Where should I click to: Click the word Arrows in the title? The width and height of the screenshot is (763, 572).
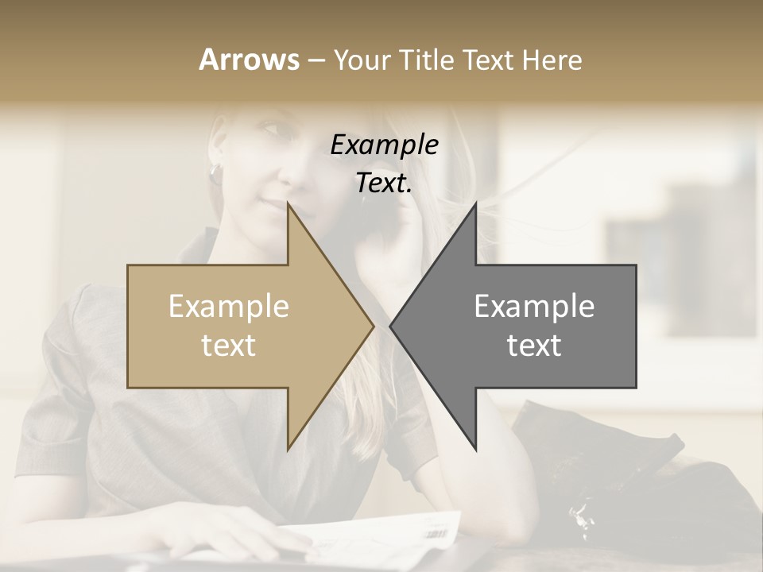coord(249,60)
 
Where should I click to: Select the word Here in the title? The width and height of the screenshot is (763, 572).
coord(552,60)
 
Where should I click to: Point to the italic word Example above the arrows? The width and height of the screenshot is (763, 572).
coord(384,145)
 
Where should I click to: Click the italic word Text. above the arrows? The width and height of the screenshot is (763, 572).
coord(384,184)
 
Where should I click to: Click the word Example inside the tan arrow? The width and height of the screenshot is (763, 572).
coord(229,306)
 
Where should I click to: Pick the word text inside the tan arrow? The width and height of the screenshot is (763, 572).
coord(229,346)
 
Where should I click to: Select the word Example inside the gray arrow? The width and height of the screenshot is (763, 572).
coord(534,306)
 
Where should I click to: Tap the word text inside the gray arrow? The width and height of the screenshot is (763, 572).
coord(534,346)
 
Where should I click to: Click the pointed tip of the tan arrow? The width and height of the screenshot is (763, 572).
coord(374,326)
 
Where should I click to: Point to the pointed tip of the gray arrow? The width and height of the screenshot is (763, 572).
coord(390,326)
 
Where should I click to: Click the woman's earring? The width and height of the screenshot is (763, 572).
coord(215,172)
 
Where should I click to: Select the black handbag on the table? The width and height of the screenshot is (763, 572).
coord(604,461)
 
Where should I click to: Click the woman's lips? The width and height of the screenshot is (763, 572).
coord(273,208)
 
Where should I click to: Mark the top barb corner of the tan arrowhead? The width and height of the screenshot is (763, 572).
coord(288,203)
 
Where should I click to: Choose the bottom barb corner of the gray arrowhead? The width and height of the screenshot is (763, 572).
coord(475,449)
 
